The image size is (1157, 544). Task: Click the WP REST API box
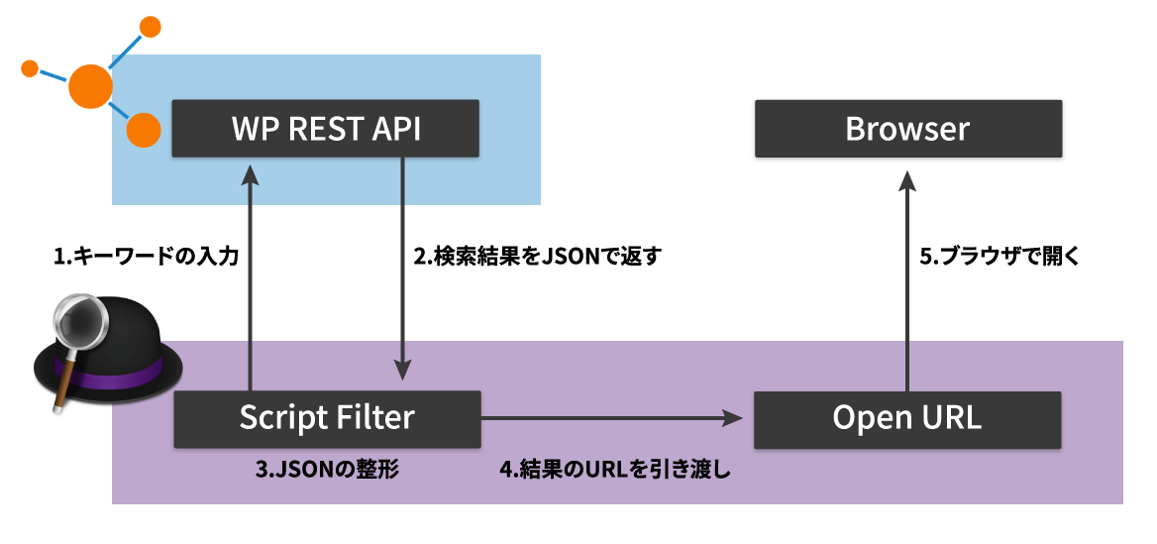click(325, 128)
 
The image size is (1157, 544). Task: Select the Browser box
click(907, 128)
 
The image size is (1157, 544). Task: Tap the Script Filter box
click(325, 418)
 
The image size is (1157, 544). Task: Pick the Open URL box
click(907, 418)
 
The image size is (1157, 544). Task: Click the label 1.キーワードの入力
click(146, 256)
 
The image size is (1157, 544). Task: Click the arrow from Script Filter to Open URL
click(614, 418)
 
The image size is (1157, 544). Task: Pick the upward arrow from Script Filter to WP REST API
click(251, 277)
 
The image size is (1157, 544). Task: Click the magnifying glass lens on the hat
click(80, 322)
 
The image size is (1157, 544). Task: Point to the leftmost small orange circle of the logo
click(30, 68)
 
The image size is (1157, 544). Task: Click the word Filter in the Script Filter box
click(371, 418)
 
